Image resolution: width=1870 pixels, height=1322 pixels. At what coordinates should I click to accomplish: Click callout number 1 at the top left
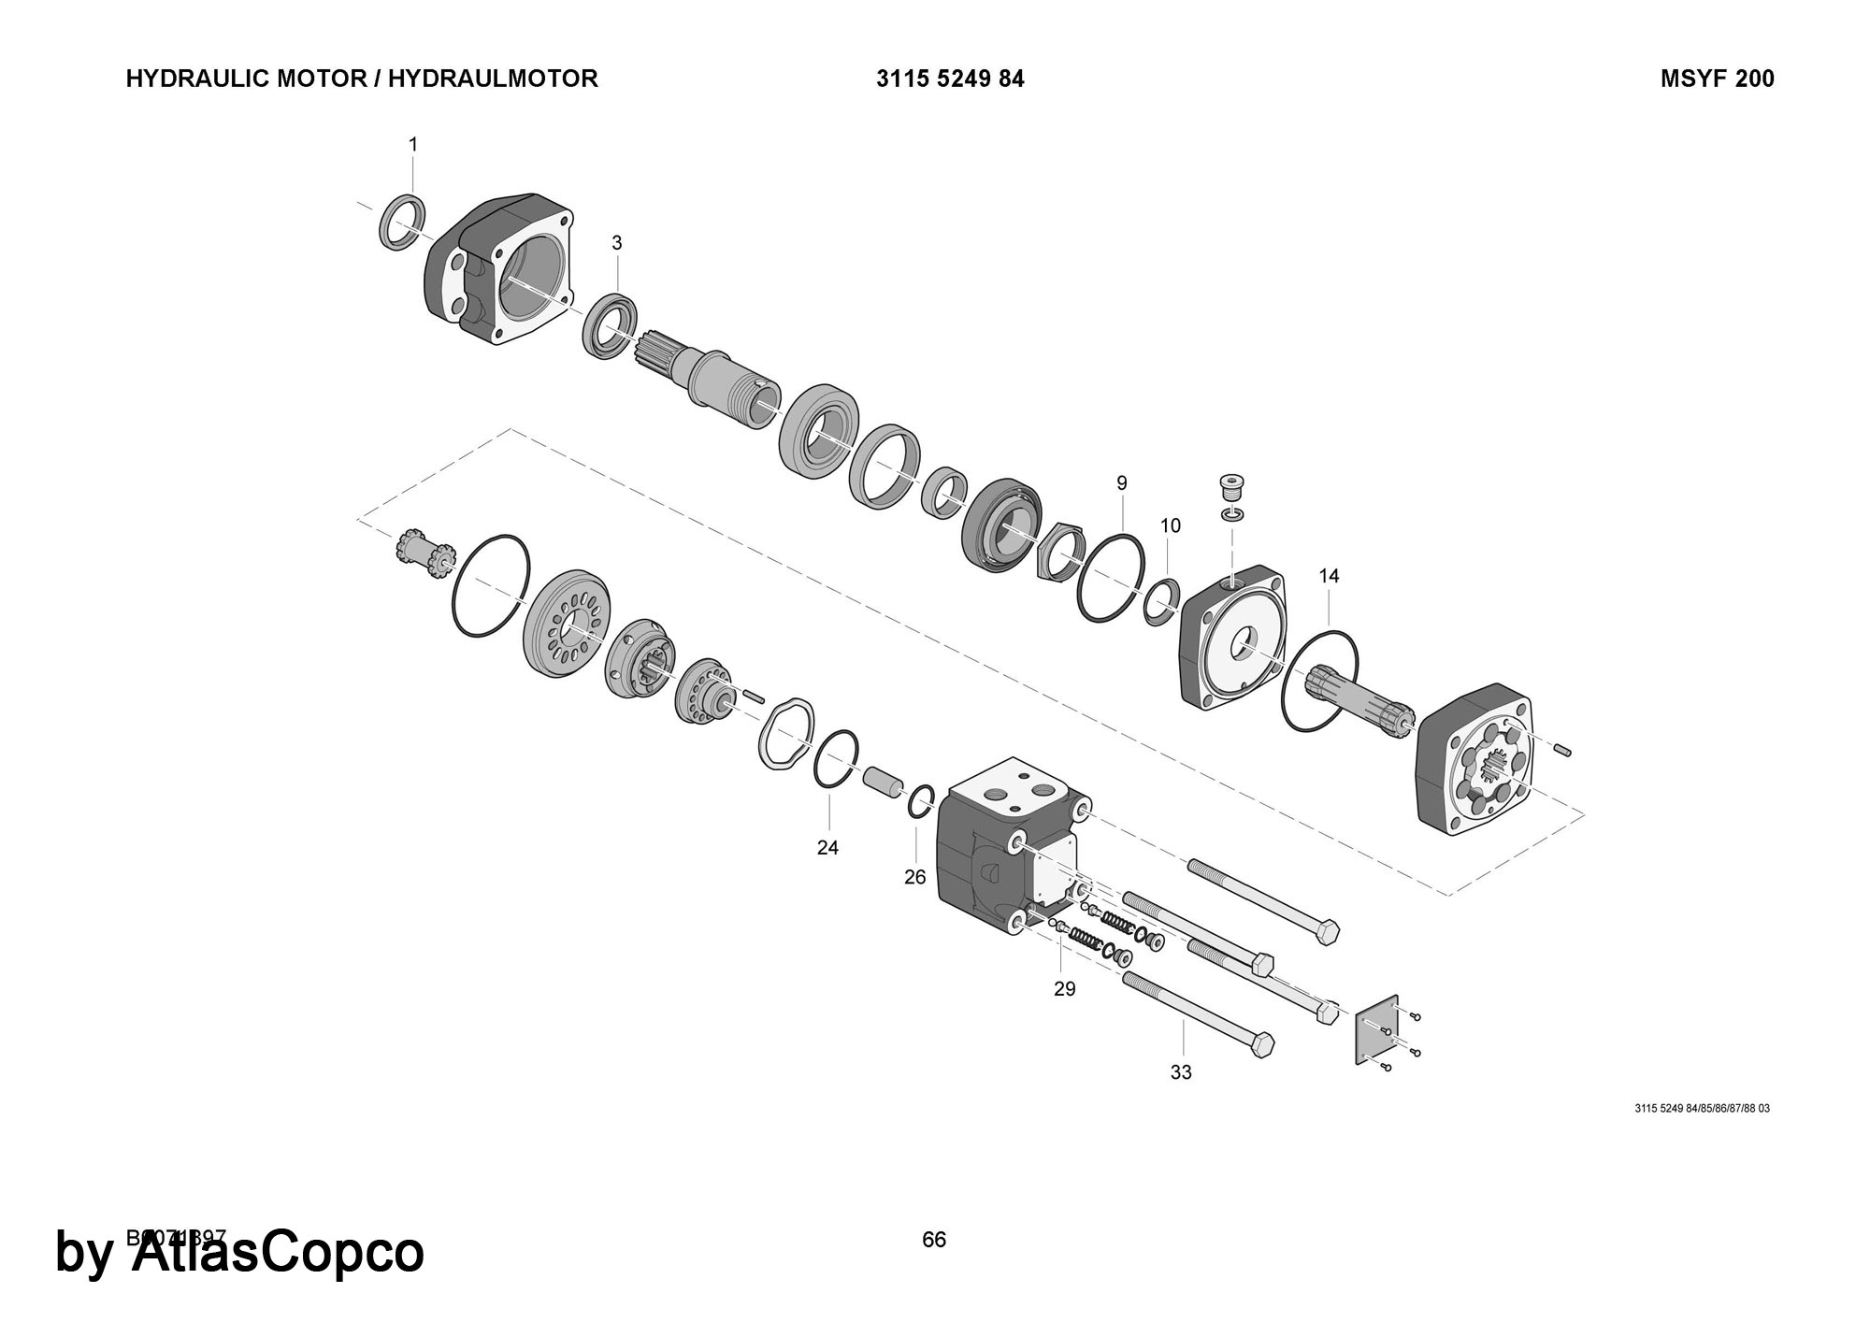pos(412,145)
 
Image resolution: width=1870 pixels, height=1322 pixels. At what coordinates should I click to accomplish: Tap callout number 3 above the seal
pos(616,243)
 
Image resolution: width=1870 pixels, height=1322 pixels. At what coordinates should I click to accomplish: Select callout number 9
pos(1121,483)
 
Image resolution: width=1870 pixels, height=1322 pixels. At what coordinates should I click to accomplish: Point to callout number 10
pos(1170,525)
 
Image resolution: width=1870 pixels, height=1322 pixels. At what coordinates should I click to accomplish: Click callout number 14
pos(1329,576)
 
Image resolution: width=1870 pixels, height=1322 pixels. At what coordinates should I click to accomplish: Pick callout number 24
pos(827,848)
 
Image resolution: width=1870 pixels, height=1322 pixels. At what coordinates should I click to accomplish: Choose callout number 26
pos(914,877)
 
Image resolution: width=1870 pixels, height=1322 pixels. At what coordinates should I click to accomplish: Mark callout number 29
pos(1064,989)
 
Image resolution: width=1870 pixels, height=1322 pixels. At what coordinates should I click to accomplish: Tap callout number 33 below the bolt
pos(1181,1072)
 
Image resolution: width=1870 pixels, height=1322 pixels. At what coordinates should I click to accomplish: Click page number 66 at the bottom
pos(933,1240)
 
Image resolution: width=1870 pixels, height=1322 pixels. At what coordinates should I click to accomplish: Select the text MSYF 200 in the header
pos(1717,79)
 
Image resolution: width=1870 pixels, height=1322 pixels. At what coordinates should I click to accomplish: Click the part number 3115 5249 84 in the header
pos(950,79)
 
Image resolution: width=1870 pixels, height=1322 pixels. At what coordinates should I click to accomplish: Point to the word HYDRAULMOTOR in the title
pos(493,79)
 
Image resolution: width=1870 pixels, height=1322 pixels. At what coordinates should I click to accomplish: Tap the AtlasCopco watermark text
pos(277,1253)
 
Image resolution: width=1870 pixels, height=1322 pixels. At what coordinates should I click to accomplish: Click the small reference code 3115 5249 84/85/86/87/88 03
pos(1702,1109)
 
